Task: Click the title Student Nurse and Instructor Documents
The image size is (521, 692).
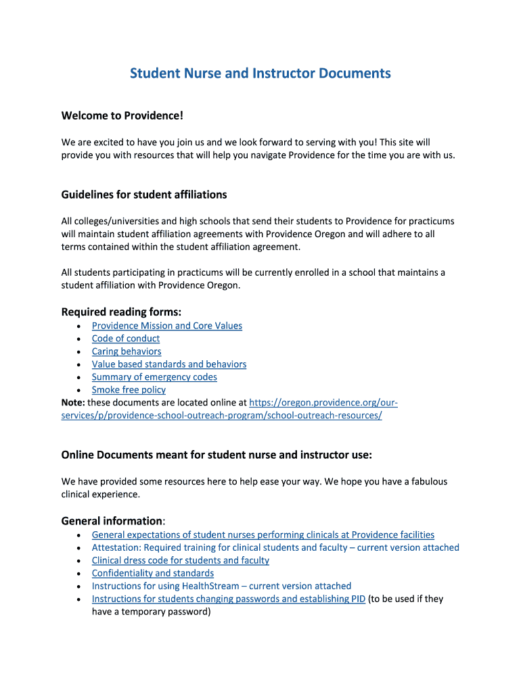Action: (x=260, y=73)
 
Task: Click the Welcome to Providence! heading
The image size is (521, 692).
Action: (x=122, y=116)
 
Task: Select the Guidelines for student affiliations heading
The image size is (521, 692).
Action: (x=144, y=195)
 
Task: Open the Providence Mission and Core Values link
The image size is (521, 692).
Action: (x=166, y=326)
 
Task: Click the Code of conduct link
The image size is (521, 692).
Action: (x=126, y=339)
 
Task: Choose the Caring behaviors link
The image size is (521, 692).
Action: (x=127, y=351)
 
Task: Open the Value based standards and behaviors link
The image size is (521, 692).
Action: (x=169, y=364)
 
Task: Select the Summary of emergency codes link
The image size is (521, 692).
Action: (x=154, y=377)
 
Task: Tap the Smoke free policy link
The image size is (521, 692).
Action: (x=129, y=390)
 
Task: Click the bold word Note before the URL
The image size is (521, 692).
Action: (x=72, y=403)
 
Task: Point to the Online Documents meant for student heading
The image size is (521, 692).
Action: (x=217, y=455)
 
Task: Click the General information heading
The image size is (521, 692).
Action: (x=112, y=521)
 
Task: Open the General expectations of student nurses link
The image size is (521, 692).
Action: (x=263, y=535)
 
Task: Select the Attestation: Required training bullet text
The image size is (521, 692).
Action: (x=275, y=547)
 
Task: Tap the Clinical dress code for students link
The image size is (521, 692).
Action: (x=181, y=560)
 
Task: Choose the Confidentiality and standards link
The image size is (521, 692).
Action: (x=153, y=573)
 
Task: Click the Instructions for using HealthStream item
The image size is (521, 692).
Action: (x=221, y=586)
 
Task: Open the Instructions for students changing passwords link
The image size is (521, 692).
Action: (x=229, y=599)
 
